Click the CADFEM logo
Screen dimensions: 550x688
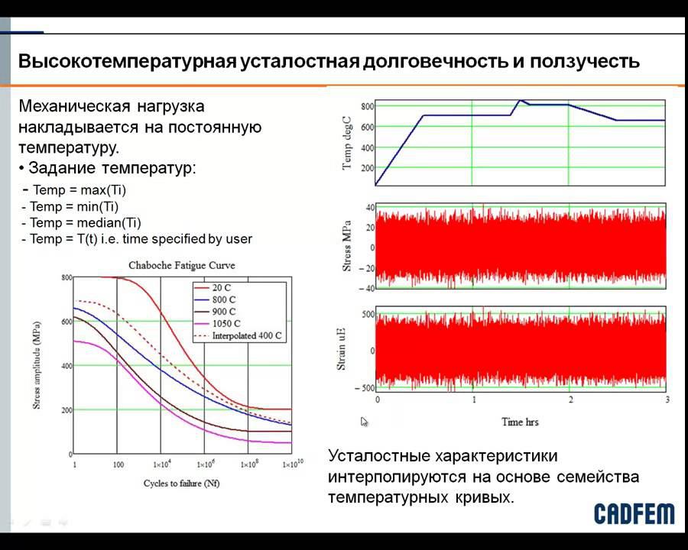point(634,513)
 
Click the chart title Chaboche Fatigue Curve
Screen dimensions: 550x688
point(181,265)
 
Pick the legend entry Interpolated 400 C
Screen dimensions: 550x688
point(247,335)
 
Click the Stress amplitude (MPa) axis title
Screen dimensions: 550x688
point(37,365)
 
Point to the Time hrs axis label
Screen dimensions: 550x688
point(522,422)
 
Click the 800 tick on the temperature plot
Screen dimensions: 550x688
point(367,106)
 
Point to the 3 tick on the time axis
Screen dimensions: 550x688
point(667,400)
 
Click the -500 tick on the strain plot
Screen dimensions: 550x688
point(362,388)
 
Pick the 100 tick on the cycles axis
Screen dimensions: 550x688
point(118,464)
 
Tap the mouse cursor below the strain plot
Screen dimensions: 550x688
point(365,421)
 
